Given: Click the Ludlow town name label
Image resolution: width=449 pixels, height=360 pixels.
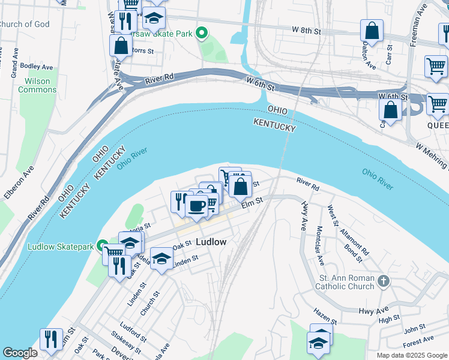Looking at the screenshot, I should [x=211, y=242].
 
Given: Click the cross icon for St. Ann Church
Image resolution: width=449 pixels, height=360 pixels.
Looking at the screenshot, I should [x=384, y=280].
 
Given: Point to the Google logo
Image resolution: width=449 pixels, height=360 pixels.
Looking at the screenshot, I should [x=20, y=353].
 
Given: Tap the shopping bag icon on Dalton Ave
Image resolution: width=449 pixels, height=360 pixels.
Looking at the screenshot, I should [x=372, y=32].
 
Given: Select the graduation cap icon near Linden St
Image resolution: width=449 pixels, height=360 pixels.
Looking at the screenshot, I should [x=161, y=259].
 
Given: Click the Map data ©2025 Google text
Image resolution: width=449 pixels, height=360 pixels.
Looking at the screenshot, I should [x=411, y=355].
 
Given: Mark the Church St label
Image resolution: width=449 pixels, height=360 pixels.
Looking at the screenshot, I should [x=151, y=302].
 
